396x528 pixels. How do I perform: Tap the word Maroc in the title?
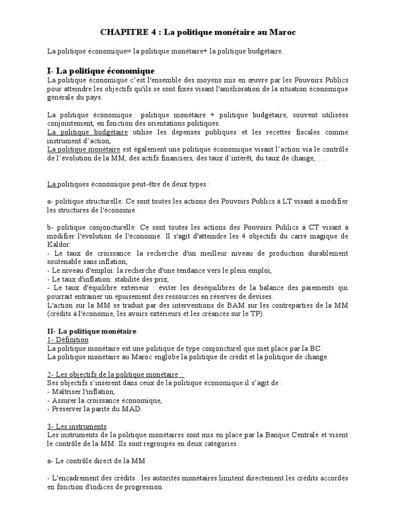283,32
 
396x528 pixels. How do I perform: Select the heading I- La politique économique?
100,71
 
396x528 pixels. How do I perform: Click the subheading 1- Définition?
67,340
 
